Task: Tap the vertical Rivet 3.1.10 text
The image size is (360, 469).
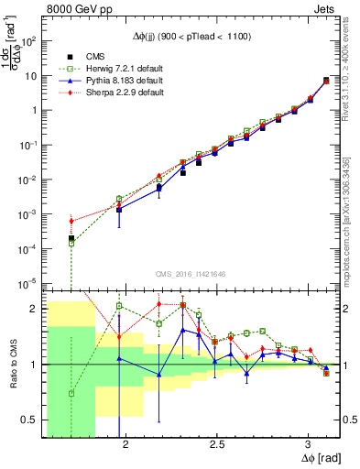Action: pos(352,64)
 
